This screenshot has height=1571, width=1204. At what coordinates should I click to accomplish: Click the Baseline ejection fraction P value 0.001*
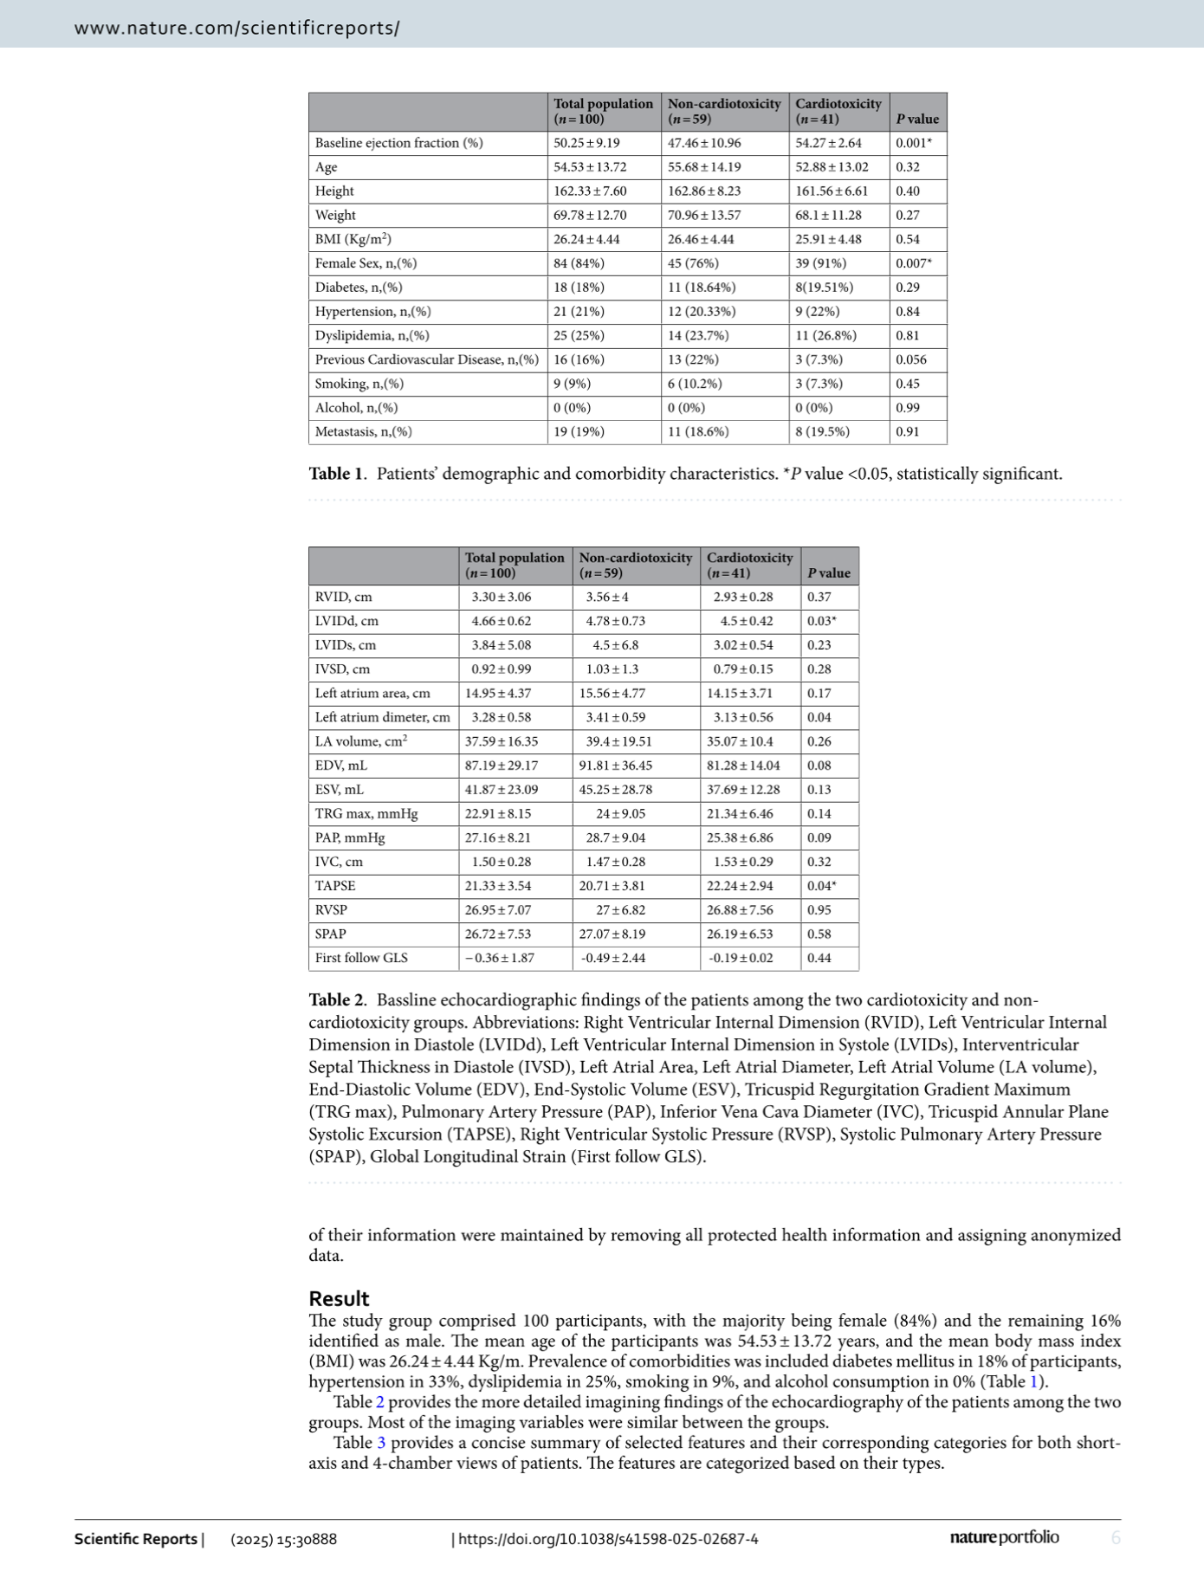click(x=914, y=143)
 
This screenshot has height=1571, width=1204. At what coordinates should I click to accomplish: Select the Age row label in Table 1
click(x=327, y=167)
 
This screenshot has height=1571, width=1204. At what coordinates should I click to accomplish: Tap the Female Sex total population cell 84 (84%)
click(x=579, y=263)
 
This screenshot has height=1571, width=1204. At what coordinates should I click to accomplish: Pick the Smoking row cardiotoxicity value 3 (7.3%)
click(x=819, y=384)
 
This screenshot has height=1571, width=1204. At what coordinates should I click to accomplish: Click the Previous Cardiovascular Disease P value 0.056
click(x=911, y=359)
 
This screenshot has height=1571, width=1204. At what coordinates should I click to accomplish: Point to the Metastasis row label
click(x=363, y=431)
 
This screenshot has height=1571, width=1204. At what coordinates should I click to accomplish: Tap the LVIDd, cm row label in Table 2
click(x=346, y=621)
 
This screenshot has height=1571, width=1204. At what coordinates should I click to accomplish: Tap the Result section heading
click(x=339, y=1298)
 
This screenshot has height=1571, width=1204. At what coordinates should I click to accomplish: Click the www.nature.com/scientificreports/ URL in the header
click(x=236, y=28)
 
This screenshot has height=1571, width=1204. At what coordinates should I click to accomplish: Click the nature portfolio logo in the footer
click(x=1004, y=1537)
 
